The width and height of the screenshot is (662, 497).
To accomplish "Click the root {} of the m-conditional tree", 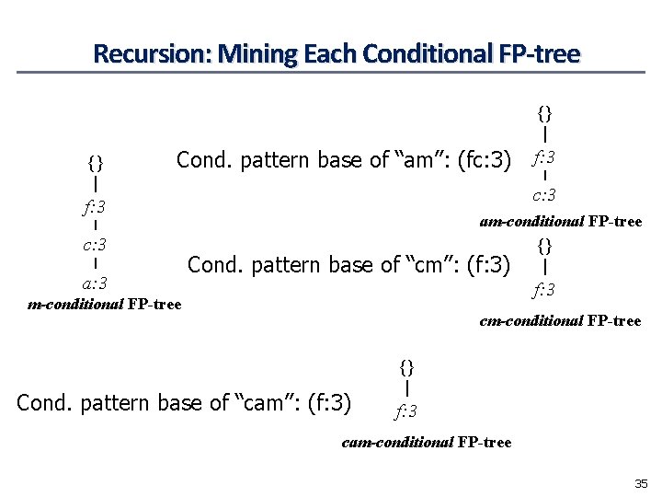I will (x=95, y=164).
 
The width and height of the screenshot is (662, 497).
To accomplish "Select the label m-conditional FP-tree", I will (x=105, y=304).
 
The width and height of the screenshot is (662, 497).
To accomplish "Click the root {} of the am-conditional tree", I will (x=545, y=113).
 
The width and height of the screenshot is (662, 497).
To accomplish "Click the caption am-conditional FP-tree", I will (x=560, y=221).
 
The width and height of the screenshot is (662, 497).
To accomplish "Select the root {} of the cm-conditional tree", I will (x=545, y=246).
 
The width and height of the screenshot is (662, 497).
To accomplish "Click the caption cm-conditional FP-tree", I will (x=560, y=321).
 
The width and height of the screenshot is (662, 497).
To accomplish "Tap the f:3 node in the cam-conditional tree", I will (x=406, y=410).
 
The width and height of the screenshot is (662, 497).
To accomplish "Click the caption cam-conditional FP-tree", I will (x=426, y=443).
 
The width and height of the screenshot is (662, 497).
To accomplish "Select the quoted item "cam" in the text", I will (x=268, y=402).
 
